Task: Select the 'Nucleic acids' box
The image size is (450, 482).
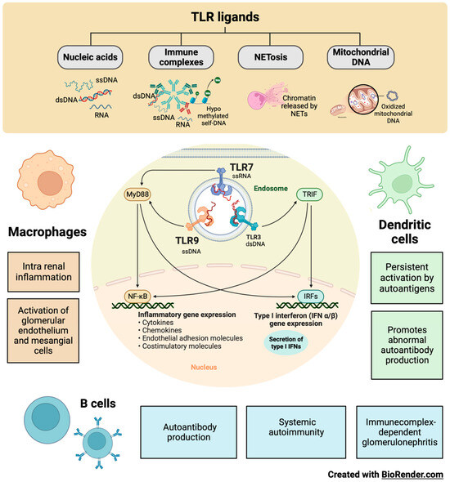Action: [x=91, y=58]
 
